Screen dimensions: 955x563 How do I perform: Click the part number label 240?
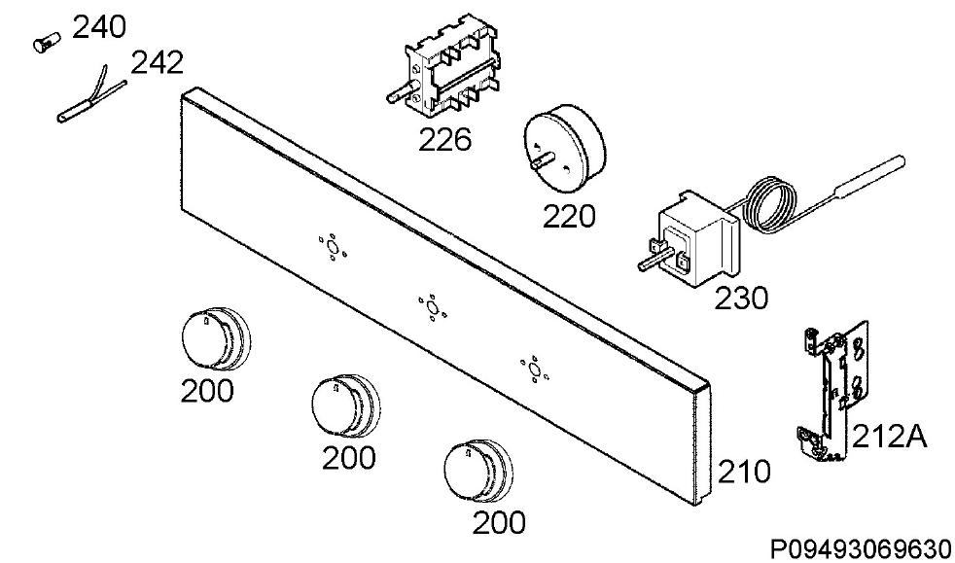99,27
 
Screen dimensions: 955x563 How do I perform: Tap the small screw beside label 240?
47,43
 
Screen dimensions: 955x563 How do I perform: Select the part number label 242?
158,62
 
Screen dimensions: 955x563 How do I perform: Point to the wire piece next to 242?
92,96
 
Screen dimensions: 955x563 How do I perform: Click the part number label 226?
444,139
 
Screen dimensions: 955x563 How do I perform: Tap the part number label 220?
569,216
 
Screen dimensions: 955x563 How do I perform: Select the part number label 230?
741,299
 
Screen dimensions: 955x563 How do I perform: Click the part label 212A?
889,437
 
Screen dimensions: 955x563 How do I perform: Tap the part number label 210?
744,472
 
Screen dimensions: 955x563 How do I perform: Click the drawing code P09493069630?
861,548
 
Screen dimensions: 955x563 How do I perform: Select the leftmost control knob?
216,338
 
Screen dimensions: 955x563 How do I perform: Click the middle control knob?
345,405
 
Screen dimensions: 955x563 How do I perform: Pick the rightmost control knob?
478,471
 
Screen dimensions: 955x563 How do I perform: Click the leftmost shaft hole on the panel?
332,247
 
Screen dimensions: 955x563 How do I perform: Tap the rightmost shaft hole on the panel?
534,369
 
